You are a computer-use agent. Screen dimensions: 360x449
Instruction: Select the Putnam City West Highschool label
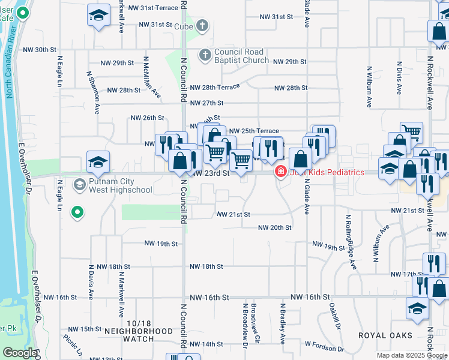(120, 186)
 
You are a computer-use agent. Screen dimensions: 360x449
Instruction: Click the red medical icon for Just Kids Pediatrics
(280, 172)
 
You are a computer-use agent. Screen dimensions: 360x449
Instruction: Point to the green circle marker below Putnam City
(77, 212)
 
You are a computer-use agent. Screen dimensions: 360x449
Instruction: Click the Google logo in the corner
(20, 352)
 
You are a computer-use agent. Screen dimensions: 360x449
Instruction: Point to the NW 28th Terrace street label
(215, 88)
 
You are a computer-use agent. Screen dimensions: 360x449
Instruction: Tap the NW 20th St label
(274, 227)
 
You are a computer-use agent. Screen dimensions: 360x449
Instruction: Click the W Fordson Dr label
(324, 346)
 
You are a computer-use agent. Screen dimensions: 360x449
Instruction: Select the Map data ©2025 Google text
(411, 355)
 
